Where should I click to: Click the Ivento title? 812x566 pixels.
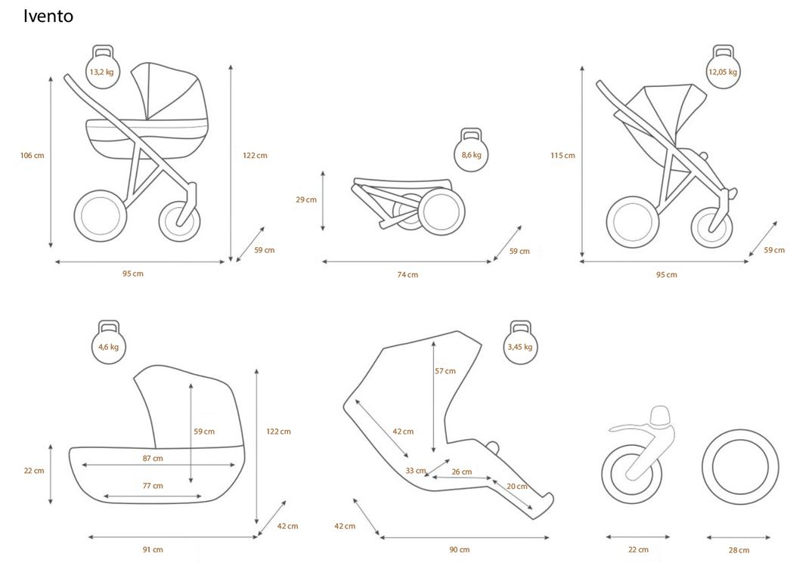click(48, 16)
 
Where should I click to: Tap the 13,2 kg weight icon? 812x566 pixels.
click(101, 70)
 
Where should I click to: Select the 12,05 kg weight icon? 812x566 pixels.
click(723, 70)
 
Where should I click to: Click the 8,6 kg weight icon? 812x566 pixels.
click(471, 153)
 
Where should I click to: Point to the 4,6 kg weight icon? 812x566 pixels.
click(108, 345)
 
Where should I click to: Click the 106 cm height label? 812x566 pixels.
click(32, 156)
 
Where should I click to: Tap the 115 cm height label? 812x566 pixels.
click(563, 156)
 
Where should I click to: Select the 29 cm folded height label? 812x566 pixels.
click(305, 199)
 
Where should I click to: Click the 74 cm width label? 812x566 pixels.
click(408, 274)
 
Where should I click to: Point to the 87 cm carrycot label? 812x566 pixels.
click(153, 458)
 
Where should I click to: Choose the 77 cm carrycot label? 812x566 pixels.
click(153, 486)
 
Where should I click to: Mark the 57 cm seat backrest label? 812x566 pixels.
click(445, 371)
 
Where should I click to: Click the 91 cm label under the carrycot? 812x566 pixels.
click(153, 549)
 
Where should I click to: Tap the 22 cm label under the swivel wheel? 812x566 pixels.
click(638, 549)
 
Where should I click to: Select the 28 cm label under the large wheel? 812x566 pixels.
click(739, 549)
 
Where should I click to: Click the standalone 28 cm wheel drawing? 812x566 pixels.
click(739, 467)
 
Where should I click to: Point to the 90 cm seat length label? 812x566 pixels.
click(460, 549)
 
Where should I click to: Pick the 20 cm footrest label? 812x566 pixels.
click(517, 487)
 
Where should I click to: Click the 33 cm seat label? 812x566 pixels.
click(416, 471)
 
